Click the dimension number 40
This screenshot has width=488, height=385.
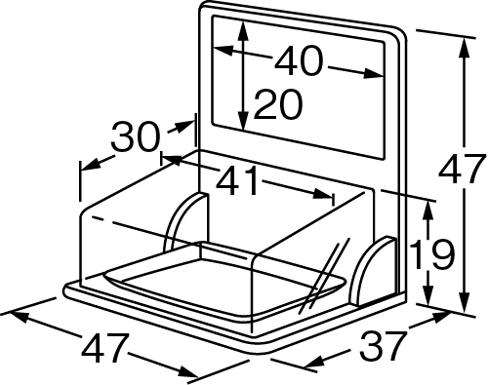(x=299, y=61)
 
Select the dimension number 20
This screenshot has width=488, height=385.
(x=277, y=104)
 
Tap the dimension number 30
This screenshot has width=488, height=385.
(x=136, y=136)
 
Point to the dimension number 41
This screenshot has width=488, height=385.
(x=237, y=180)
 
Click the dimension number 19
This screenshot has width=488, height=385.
(x=431, y=254)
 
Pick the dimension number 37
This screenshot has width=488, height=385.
(x=385, y=345)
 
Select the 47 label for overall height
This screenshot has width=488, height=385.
(x=460, y=170)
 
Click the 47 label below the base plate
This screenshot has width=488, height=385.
(x=104, y=347)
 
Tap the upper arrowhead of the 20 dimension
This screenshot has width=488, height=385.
(x=243, y=31)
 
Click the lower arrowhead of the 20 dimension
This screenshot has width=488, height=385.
(x=242, y=120)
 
